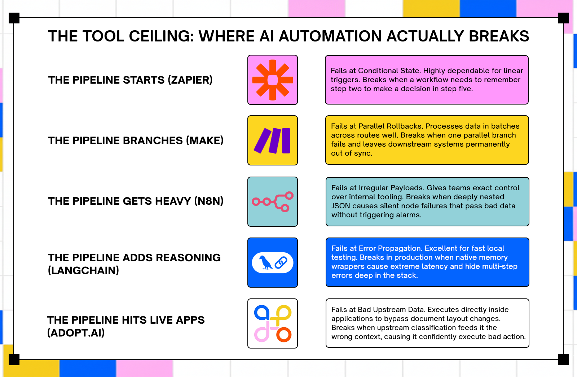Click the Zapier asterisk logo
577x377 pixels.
273,80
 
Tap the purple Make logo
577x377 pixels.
273,141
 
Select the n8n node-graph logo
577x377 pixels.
273,202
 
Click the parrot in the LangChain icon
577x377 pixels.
266,262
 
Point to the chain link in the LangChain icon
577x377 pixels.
281,262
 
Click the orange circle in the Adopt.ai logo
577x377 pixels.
284,335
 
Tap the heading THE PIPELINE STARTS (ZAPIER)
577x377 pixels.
130,80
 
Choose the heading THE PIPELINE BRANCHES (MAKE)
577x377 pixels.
136,141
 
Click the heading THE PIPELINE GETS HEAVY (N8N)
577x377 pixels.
136,201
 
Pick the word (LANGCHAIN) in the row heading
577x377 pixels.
83,270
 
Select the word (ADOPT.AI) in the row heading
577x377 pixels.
76,333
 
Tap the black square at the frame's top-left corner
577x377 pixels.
14,18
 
